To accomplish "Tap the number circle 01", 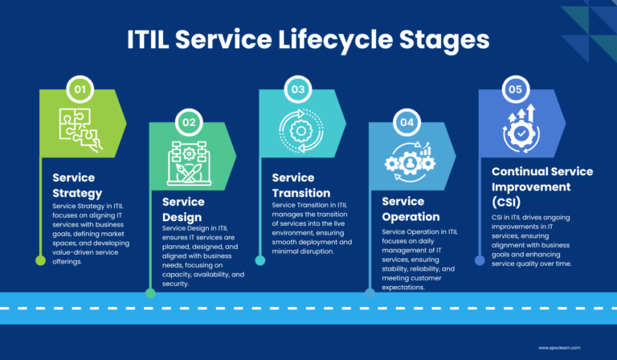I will [x=80, y=90].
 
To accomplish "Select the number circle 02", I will [x=190, y=123].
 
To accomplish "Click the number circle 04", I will [x=408, y=123].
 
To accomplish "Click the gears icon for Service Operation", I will [x=409, y=161].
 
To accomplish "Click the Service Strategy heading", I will [x=77, y=185].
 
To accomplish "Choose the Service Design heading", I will [x=186, y=209].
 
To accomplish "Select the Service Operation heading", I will [x=411, y=209].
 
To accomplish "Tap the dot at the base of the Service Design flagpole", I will [x=150, y=293].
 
